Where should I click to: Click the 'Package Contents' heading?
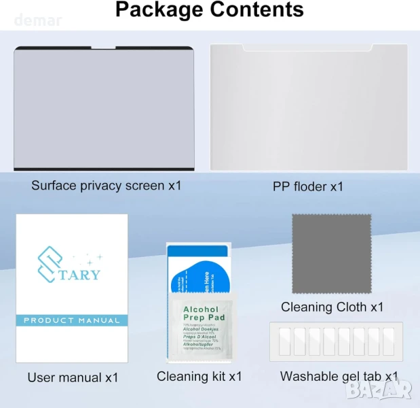coord(209,10)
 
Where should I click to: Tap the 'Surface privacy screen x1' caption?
coord(107,185)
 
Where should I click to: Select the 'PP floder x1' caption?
coord(308,186)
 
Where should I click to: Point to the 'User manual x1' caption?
coord(73,377)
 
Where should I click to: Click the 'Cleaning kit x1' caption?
coord(199,376)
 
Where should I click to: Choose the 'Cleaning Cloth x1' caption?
coord(332,307)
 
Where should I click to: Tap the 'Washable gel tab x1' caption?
coord(339,376)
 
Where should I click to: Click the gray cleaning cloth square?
coord(331,253)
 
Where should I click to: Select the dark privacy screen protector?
coord(104,109)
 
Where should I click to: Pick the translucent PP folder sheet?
coord(309,109)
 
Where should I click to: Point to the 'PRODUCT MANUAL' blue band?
coord(72,320)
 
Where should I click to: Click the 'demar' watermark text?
coord(38,20)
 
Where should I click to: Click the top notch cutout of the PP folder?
coord(307,48)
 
